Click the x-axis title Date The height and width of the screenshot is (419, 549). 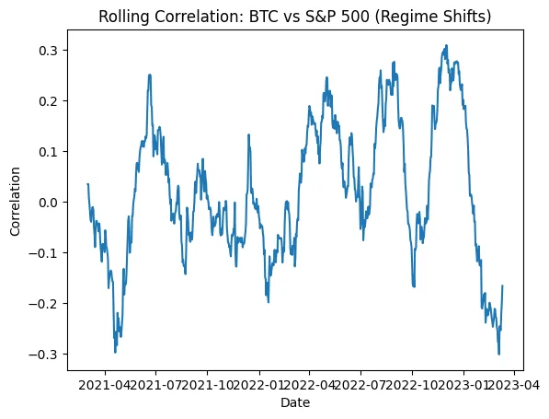point(296,403)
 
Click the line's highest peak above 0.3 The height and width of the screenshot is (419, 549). point(447,45)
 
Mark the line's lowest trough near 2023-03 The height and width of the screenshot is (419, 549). point(499,355)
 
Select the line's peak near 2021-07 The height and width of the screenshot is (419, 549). point(150,75)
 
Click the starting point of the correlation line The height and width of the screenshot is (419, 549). point(87,184)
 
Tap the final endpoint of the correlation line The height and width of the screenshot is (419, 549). point(503,286)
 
